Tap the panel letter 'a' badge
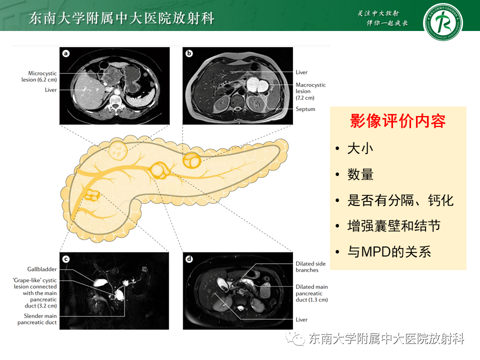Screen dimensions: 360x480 pos(66,53)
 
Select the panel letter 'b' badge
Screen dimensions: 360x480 pos(189,53)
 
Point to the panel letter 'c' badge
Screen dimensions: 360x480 pos(66,258)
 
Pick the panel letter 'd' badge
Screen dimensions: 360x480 pos(189,258)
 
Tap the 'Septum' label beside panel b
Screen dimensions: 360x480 pos(305,109)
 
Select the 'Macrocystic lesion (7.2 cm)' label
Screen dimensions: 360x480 pos(310,91)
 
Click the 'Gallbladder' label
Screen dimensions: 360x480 pos(42,269)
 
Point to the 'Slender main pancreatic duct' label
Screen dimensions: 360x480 pos(40,319)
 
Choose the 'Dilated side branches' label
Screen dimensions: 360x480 pos(310,266)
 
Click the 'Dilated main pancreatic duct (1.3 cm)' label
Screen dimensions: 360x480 pos(311,293)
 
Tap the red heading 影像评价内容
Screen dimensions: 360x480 pos(397,121)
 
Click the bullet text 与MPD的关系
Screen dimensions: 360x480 pos(389,251)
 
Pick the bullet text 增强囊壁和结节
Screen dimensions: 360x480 pos(394,226)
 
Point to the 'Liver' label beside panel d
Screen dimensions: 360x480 pos(301,319)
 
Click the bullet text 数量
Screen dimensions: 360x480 pos(360,174)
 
